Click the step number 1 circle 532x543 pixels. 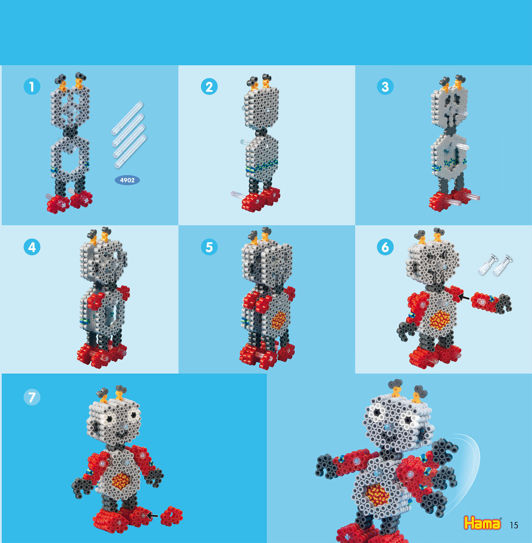tap(32, 87)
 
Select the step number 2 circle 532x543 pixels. tap(209, 87)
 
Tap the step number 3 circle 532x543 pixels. tap(385, 87)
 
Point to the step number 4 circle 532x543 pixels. tap(32, 247)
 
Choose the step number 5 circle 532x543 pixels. tap(209, 247)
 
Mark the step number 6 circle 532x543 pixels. tap(385, 247)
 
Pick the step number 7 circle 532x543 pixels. tap(32, 397)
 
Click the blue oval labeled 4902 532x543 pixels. tap(127, 180)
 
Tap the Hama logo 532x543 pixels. tap(482, 523)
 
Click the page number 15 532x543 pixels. tap(514, 525)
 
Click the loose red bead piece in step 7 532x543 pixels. tap(171, 516)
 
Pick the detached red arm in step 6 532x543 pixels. tap(491, 303)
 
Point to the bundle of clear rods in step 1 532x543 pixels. tap(129, 134)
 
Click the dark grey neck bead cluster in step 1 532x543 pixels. tap(70, 131)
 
